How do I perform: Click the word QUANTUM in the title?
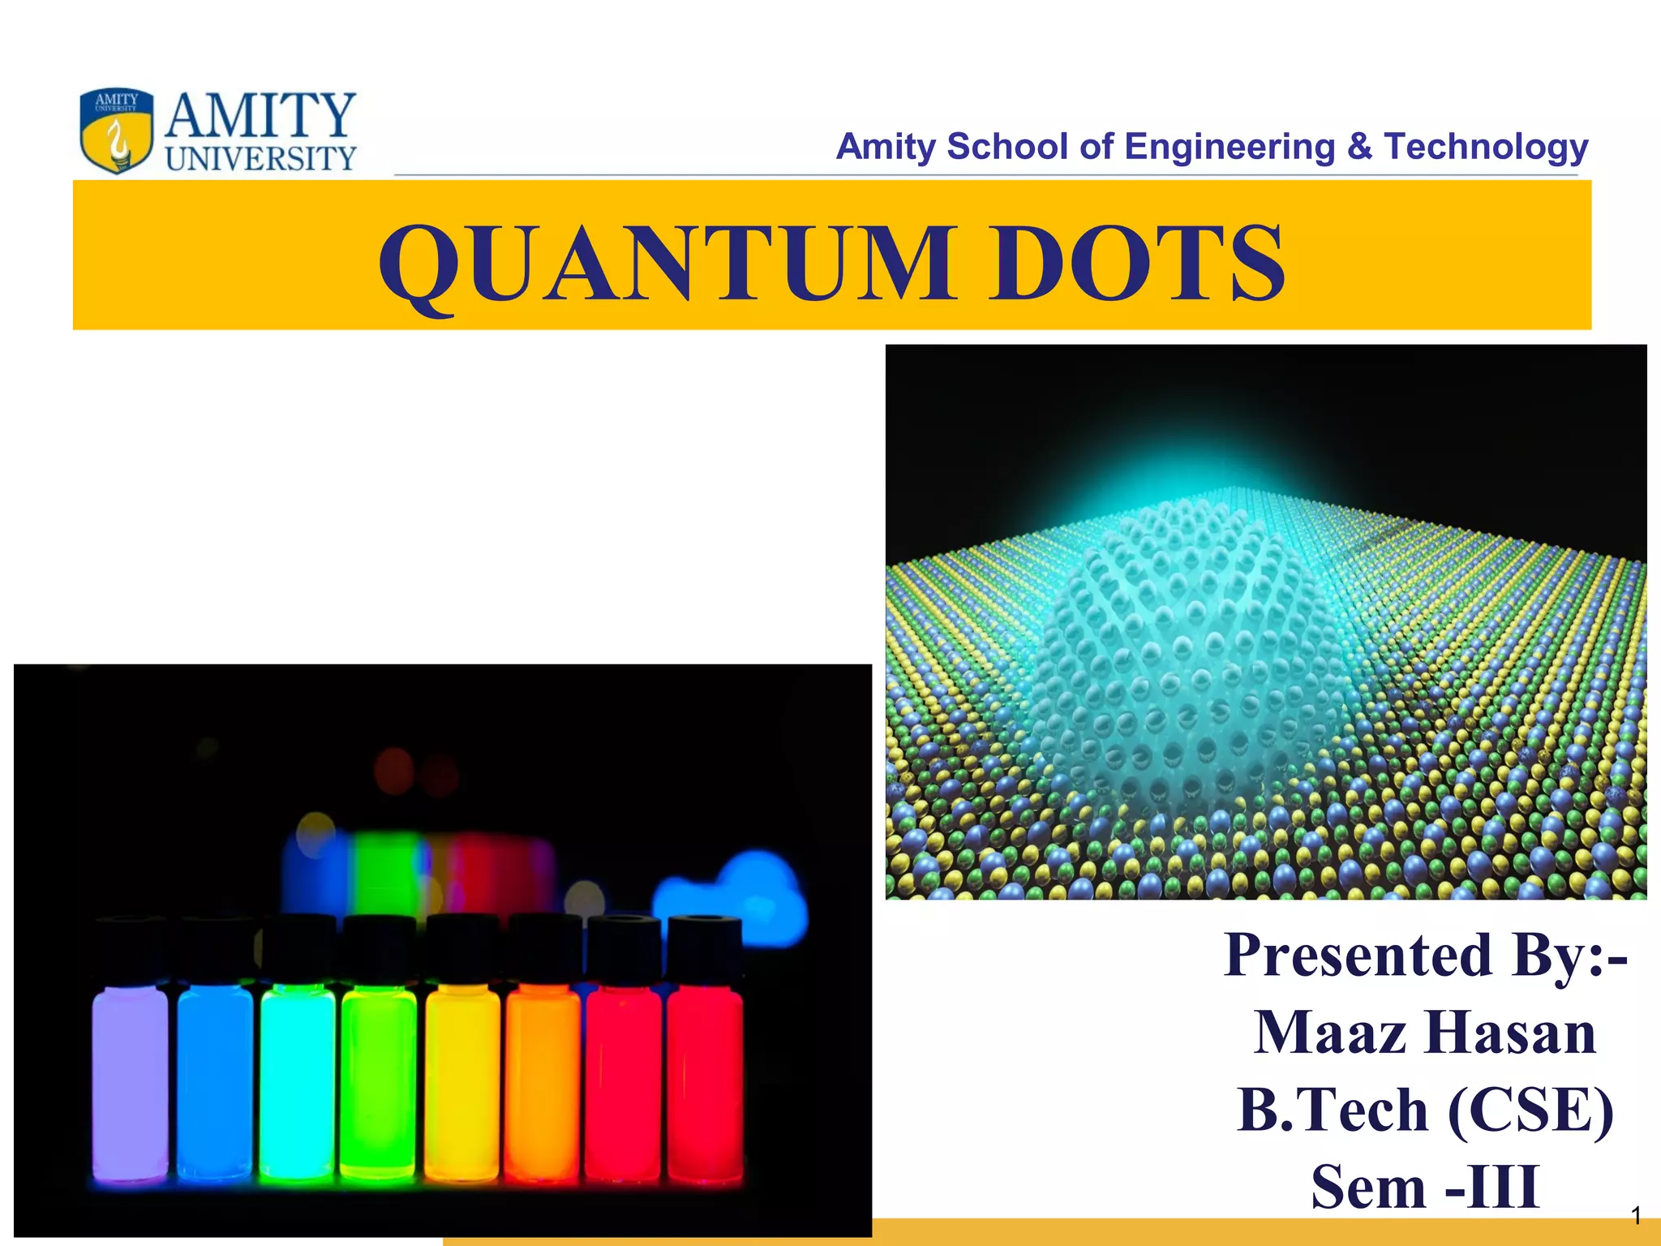tap(665, 264)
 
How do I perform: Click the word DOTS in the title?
tap(1139, 264)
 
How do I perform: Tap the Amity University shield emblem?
tap(117, 131)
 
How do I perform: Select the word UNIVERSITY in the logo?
tap(261, 159)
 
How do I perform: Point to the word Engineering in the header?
tap(1230, 147)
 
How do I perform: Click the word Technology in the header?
tap(1486, 147)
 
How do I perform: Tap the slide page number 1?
tap(1637, 1216)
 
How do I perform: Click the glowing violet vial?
tap(131, 1083)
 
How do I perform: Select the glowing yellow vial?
tap(462, 1083)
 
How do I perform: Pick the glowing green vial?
tap(379, 1083)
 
